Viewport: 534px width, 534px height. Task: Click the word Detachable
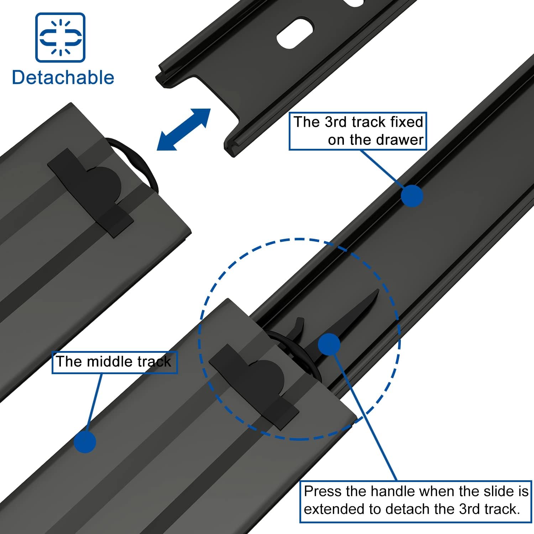coord(63,78)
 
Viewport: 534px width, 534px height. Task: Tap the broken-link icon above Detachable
coord(60,37)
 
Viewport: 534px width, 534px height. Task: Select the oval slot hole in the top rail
coord(295,33)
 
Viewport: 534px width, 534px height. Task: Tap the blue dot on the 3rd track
coord(412,196)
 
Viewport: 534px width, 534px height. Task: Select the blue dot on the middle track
coord(85,442)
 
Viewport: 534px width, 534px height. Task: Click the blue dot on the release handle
coord(329,344)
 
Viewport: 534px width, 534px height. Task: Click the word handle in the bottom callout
coord(396,492)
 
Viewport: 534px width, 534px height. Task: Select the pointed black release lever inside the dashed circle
coord(360,313)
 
